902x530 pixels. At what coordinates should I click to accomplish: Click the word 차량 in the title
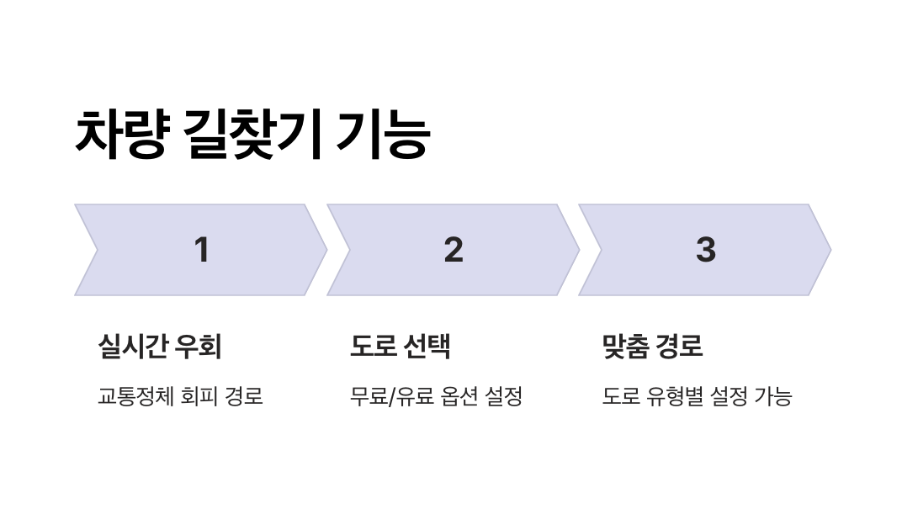[x=120, y=134]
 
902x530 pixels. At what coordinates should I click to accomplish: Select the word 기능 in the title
[x=383, y=134]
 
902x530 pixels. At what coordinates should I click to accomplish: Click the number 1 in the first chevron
[x=201, y=250]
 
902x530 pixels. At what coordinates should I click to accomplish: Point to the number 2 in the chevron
[x=454, y=250]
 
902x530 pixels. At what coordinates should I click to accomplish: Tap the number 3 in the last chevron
[x=705, y=250]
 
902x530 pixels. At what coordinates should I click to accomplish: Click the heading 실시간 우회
[x=160, y=346]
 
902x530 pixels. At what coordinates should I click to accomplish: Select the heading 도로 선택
[x=401, y=346]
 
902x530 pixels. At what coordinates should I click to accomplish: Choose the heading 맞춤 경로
[x=652, y=346]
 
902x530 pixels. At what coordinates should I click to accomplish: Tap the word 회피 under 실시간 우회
[x=198, y=396]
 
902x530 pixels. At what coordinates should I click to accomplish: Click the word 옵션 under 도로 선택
[x=459, y=396]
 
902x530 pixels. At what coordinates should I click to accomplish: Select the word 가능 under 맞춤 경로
[x=772, y=396]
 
